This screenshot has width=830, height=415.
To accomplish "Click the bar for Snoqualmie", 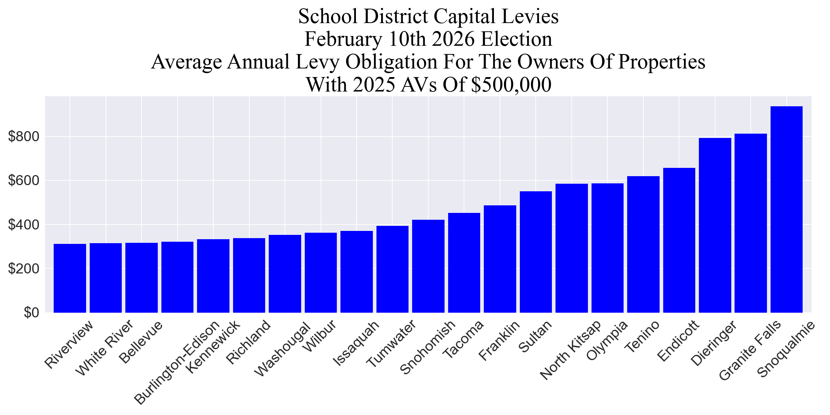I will (x=786, y=209).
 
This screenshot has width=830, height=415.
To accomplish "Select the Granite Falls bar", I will (x=751, y=223).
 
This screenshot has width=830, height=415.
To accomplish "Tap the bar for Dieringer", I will (x=715, y=225).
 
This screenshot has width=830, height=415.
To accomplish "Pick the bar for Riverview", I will (x=70, y=278).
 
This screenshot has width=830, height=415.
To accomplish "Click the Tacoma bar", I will (x=464, y=263).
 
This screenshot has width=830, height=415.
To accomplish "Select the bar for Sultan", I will (x=536, y=252).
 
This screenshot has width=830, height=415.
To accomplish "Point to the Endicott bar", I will (x=679, y=240).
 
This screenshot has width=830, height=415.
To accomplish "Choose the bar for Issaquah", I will (x=357, y=272).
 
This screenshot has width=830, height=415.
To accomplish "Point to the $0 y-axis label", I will (x=31, y=313).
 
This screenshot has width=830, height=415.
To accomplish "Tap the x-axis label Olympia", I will (x=607, y=340).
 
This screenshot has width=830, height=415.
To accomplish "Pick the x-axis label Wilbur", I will (x=320, y=336).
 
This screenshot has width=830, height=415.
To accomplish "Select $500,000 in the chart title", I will (x=511, y=85).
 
